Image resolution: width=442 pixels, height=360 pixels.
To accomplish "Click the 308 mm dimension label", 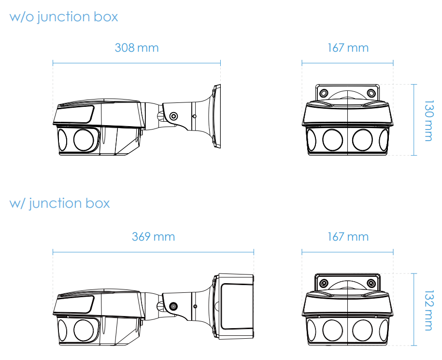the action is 137,48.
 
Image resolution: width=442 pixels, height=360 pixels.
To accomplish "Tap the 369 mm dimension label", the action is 153,236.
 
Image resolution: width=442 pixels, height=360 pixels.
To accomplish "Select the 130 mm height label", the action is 429,120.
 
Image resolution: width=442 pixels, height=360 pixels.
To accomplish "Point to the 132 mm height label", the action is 429,310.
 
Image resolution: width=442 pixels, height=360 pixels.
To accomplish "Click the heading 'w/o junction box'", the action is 64,17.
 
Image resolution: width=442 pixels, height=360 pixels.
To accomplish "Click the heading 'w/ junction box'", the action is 59,203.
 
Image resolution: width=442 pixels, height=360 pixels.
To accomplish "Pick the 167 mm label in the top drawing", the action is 348,48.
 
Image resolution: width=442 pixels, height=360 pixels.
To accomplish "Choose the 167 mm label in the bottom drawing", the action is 348,236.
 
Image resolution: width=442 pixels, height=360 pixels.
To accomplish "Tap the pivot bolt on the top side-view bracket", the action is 173,116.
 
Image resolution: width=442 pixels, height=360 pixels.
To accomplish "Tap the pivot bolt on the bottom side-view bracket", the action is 173,306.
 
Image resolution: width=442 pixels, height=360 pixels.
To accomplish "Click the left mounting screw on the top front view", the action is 324,93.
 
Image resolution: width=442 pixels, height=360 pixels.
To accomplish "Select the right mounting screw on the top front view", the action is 371,93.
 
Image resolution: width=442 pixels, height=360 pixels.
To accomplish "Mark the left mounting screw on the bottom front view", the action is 324,283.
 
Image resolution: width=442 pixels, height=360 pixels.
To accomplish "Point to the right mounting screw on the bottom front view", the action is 371,283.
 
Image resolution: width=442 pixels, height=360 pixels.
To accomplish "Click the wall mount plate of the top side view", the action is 216,116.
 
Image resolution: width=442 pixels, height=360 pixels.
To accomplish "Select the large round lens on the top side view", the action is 84,140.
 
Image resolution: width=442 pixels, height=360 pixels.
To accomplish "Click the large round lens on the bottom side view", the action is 84,330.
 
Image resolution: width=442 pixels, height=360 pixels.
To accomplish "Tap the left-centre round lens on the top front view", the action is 333,140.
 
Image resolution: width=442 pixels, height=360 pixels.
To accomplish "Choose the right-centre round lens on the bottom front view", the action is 362,330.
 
